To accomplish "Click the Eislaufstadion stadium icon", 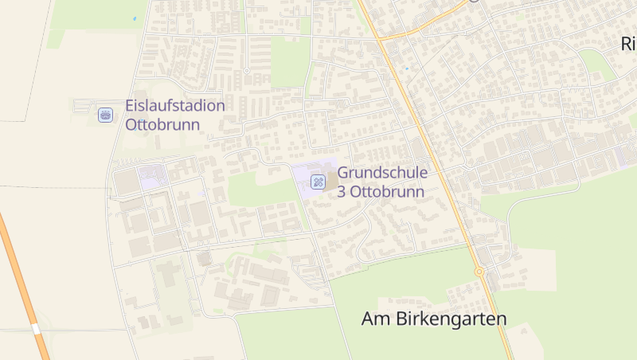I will point(104,115).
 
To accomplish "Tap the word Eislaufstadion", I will point(175,105).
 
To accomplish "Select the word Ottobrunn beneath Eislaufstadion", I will point(158,124).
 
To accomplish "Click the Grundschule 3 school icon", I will point(318,182).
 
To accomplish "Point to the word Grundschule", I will point(383,173).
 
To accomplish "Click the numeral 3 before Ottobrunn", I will point(342,192).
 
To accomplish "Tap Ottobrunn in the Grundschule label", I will point(389,192).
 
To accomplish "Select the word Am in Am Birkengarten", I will point(374,319).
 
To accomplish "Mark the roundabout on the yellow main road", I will point(479,272).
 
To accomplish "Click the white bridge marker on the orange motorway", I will point(35,328).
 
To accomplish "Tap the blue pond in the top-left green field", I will point(135,18).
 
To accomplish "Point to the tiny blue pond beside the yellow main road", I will point(406,68).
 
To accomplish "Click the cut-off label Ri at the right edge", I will point(627,45).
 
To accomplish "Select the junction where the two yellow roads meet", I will point(380,38).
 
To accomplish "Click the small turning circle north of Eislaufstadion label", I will point(246,71).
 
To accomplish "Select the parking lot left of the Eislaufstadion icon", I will point(84,105).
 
